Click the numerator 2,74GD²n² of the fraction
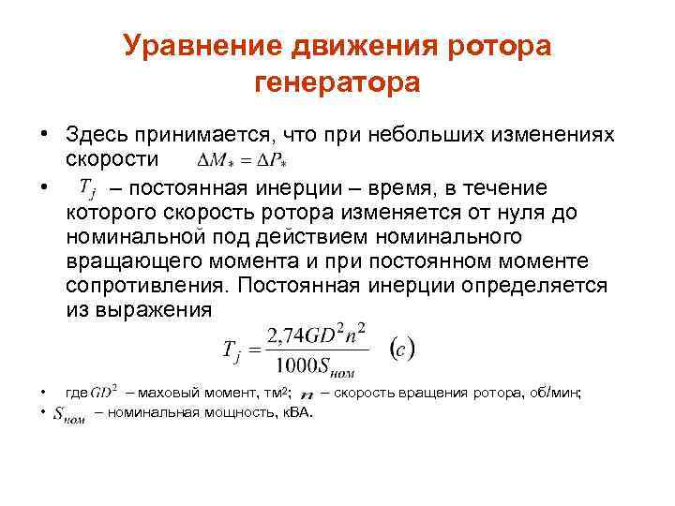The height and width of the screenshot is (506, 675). click(315, 335)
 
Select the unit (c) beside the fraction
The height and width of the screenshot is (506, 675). click(401, 348)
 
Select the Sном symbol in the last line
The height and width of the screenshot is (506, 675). click(70, 413)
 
